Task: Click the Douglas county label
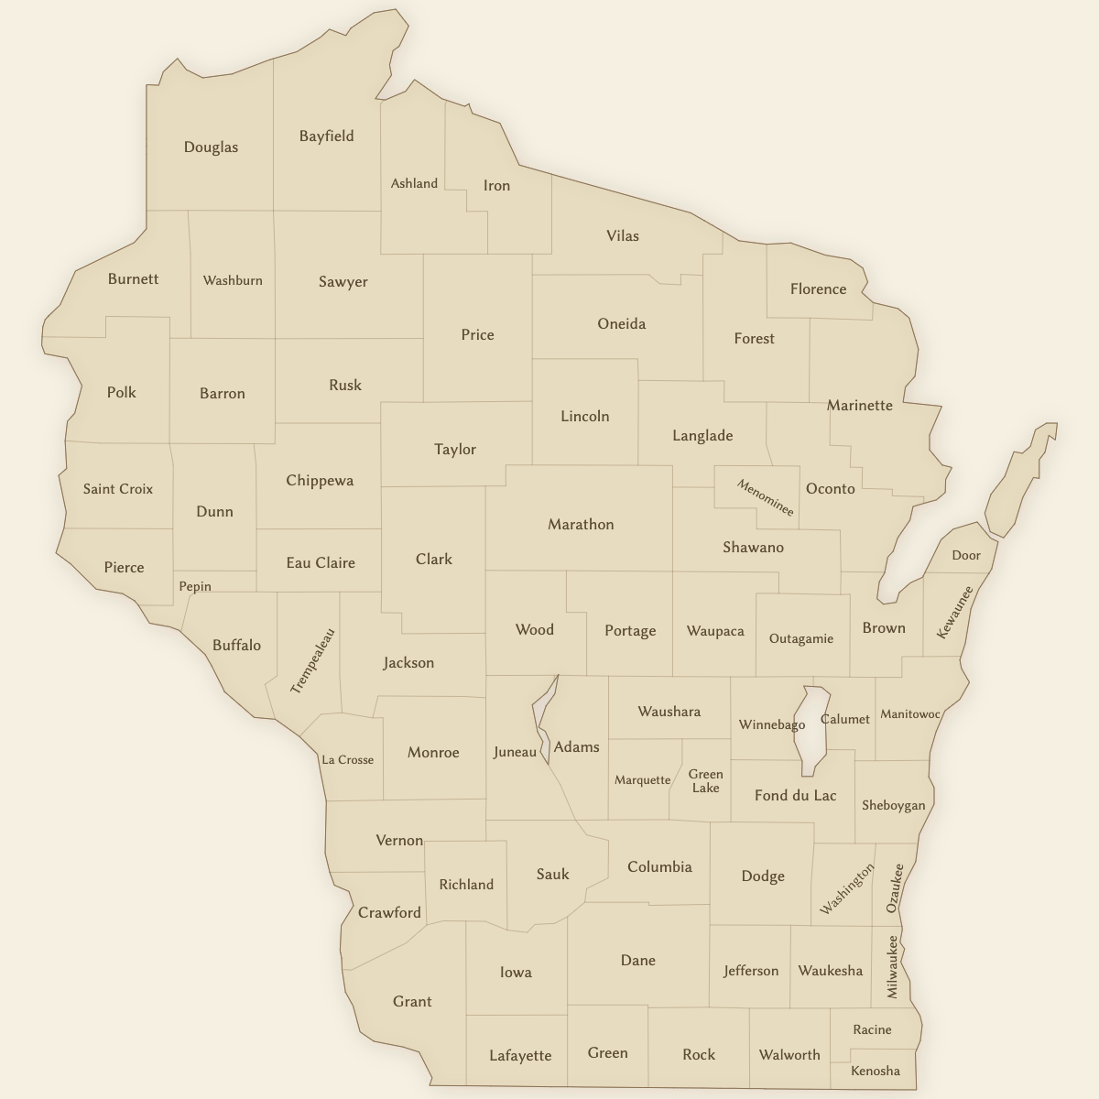coord(211,147)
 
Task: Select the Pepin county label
coord(195,586)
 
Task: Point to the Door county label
coord(966,555)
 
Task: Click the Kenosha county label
coord(876,1071)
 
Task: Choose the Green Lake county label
coord(705,781)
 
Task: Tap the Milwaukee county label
coord(892,966)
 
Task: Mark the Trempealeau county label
coord(313,660)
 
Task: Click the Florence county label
coord(818,289)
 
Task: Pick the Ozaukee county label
coord(895,887)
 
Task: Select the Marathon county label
coord(581,525)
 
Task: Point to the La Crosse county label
coord(348,759)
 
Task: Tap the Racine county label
coord(872,1029)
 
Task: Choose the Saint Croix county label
coord(118,489)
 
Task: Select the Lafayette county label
coord(520,1056)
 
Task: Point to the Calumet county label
coord(845,719)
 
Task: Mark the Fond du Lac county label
coord(795,796)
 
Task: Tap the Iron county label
coord(496,186)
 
